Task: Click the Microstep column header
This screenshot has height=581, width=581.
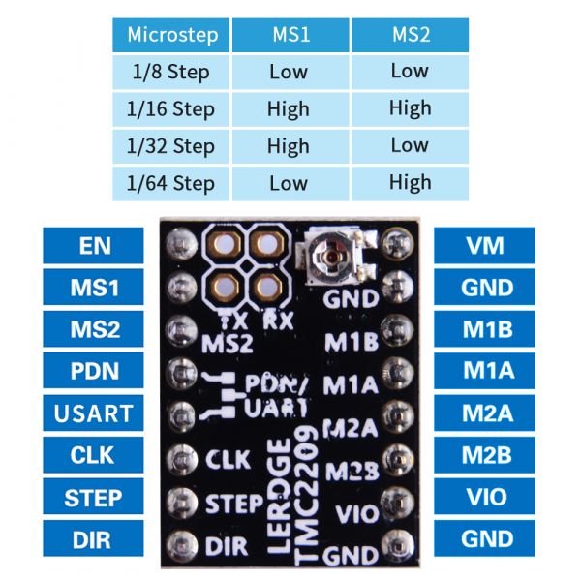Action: click(171, 35)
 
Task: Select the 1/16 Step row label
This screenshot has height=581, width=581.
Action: click(171, 109)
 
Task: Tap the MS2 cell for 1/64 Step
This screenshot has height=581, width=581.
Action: click(411, 183)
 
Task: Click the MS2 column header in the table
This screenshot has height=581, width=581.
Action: click(411, 35)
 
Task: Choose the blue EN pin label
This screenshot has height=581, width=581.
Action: click(93, 246)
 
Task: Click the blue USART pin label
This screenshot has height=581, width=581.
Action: click(93, 413)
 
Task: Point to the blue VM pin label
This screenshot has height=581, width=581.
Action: click(484, 246)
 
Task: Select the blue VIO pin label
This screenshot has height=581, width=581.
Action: click(484, 497)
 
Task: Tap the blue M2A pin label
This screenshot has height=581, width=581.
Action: click(484, 413)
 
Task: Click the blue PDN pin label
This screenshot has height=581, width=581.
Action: click(93, 371)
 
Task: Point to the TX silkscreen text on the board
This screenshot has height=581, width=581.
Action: click(234, 321)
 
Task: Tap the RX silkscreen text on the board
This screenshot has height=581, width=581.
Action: click(278, 321)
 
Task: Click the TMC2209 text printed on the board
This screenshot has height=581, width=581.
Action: click(307, 497)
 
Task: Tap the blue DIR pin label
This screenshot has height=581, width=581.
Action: click(93, 538)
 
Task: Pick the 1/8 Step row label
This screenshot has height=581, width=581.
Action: click(171, 72)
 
